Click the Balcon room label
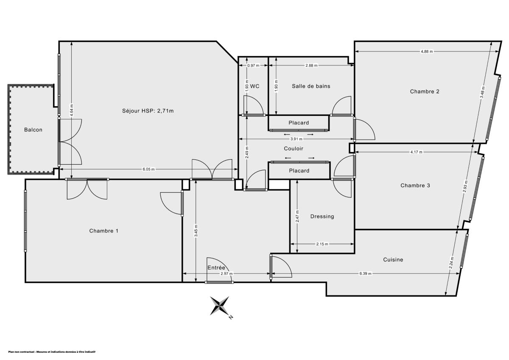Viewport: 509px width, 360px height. click(x=33, y=130)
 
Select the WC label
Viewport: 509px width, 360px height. click(x=255, y=86)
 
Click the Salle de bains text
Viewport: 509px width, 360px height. click(x=311, y=86)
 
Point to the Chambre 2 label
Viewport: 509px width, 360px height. click(x=424, y=91)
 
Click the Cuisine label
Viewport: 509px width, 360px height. click(x=393, y=260)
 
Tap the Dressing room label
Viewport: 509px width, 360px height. click(x=322, y=217)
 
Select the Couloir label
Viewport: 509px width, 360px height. click(x=294, y=149)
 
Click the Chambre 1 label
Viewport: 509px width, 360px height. click(x=103, y=231)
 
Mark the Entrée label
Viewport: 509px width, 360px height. click(x=216, y=267)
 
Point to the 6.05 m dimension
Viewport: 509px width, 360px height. click(x=148, y=169)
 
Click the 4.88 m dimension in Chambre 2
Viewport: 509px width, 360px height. click(x=427, y=51)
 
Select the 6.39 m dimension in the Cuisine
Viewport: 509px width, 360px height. click(x=365, y=274)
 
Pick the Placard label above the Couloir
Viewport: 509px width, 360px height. click(x=299, y=123)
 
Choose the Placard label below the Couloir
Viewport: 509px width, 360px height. click(x=299, y=171)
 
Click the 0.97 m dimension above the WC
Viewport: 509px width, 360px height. click(x=253, y=65)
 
